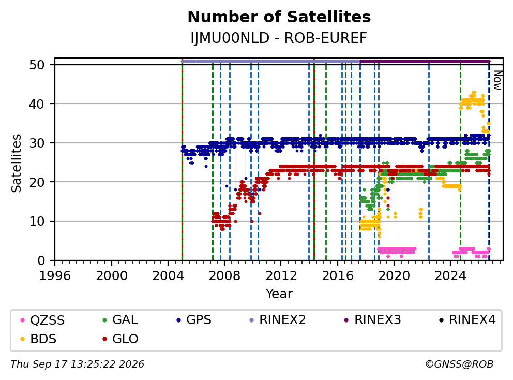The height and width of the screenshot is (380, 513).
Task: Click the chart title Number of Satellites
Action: click(279, 17)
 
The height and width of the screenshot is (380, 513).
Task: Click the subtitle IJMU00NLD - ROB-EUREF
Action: click(279, 38)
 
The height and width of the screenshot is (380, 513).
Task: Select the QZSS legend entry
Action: click(42, 320)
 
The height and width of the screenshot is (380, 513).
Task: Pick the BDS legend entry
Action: click(39, 339)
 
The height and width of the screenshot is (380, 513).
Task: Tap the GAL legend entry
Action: click(120, 320)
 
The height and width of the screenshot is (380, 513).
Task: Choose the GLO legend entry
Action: click(120, 339)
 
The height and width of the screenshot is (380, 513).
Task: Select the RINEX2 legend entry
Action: click(277, 320)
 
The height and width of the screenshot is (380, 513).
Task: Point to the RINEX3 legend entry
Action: click(373, 320)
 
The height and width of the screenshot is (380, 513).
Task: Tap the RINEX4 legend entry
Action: click(467, 320)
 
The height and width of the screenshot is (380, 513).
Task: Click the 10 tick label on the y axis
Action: click(37, 222)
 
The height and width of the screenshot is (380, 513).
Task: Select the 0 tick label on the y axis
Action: click(41, 261)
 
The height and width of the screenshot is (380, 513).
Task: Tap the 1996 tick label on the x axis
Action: click(55, 276)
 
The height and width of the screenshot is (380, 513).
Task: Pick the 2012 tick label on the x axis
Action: click(281, 276)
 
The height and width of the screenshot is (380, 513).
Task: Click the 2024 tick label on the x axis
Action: click(450, 276)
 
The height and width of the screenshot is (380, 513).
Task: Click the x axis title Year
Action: click(279, 294)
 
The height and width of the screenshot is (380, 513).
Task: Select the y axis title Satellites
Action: click(16, 163)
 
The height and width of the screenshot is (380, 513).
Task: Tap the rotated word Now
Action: click(497, 80)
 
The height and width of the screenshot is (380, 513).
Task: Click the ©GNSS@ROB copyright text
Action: click(459, 364)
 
